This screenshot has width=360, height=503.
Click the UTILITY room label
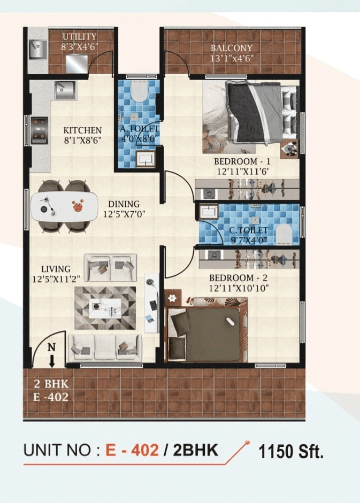(79, 36)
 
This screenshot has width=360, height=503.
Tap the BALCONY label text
(232, 49)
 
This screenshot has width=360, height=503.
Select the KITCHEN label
(82, 130)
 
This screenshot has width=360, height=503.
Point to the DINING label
(124, 204)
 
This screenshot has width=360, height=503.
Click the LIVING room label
(56, 269)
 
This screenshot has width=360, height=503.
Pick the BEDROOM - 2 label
(239, 278)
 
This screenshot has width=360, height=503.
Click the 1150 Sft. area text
(291, 452)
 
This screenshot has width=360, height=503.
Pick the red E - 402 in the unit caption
(132, 450)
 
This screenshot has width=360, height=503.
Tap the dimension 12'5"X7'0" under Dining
(124, 214)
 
